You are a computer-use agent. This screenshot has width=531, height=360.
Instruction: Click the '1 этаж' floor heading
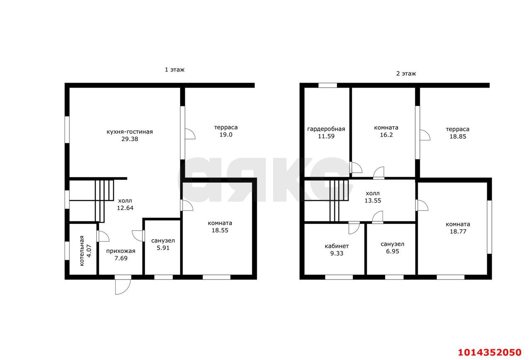coord(175,70)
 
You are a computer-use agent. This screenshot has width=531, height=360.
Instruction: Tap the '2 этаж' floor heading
coord(406,73)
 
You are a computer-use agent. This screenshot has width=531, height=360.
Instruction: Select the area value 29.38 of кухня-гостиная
coord(130,139)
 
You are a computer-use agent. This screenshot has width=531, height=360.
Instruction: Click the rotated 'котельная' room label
coord(82,251)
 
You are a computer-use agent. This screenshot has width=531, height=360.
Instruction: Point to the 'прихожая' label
coord(121,251)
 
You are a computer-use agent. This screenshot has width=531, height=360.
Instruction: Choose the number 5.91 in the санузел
coord(163,248)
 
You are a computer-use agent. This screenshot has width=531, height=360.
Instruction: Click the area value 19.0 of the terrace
coord(226,135)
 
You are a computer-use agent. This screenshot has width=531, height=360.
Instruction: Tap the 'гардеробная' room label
coord(326,129)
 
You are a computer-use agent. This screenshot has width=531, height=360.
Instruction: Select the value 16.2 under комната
coord(386,135)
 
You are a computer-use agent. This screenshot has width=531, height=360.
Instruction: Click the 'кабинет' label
coord(336,246)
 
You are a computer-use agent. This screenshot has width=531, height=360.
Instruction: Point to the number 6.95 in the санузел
coord(392,251)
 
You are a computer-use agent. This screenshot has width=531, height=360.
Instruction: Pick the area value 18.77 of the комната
coord(458,231)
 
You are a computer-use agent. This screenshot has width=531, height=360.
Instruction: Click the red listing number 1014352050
coord(490,353)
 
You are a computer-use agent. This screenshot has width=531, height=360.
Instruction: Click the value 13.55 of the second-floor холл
coord(373,201)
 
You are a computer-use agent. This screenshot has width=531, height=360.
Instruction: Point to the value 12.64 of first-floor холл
coord(125,208)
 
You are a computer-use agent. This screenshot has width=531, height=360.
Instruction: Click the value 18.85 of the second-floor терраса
coord(458,137)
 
